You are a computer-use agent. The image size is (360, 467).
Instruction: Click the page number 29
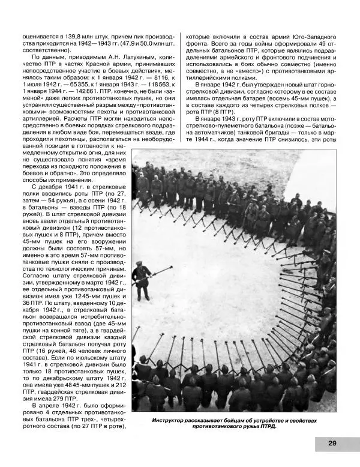pyautogui.click(x=332, y=443)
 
